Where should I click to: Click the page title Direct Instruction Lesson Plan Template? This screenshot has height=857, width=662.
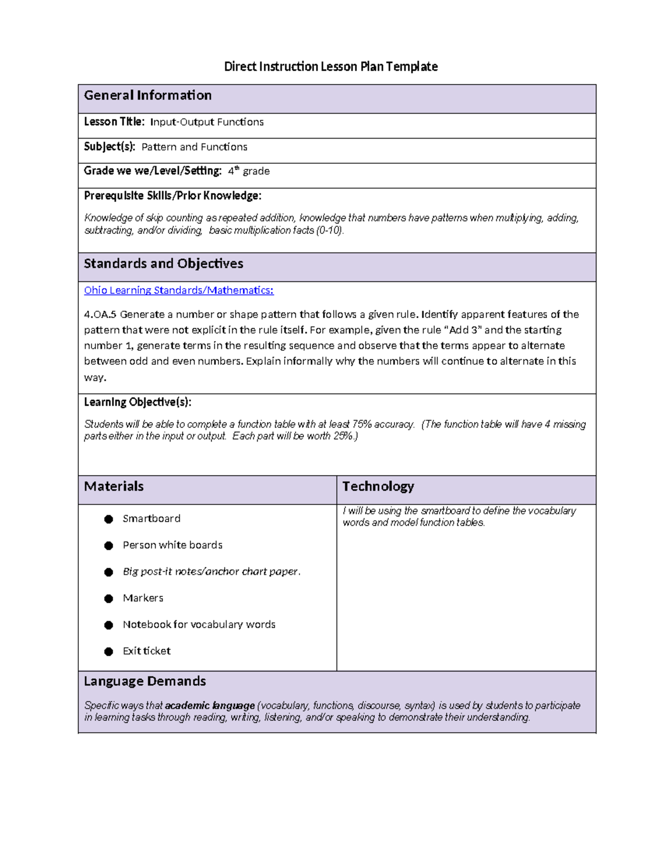click(x=330, y=67)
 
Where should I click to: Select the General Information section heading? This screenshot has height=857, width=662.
click(x=147, y=95)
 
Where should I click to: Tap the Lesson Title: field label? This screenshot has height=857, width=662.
click(x=114, y=122)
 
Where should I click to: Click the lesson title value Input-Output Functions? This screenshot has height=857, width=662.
click(x=207, y=122)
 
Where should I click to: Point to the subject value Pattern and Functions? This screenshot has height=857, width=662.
click(x=194, y=147)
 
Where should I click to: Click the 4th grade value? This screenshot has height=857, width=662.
click(x=249, y=171)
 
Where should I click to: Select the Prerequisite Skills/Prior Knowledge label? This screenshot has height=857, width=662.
click(x=172, y=196)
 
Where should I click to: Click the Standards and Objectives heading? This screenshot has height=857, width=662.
click(x=163, y=264)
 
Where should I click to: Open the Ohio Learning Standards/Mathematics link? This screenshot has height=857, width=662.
click(x=178, y=290)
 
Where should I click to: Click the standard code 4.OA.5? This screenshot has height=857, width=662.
click(x=100, y=315)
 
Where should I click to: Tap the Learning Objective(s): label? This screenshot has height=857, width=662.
click(x=137, y=402)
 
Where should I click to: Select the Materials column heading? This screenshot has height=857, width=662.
click(x=114, y=486)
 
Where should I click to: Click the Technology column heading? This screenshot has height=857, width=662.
click(x=378, y=486)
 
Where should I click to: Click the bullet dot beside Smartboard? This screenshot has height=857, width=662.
click(x=109, y=519)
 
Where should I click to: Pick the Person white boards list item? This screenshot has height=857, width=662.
click(x=172, y=545)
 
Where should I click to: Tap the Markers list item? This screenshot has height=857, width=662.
click(x=143, y=598)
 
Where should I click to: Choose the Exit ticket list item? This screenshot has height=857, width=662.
click(x=146, y=651)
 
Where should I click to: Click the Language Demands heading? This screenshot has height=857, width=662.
click(x=145, y=682)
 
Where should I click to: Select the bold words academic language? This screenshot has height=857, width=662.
click(x=210, y=706)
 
